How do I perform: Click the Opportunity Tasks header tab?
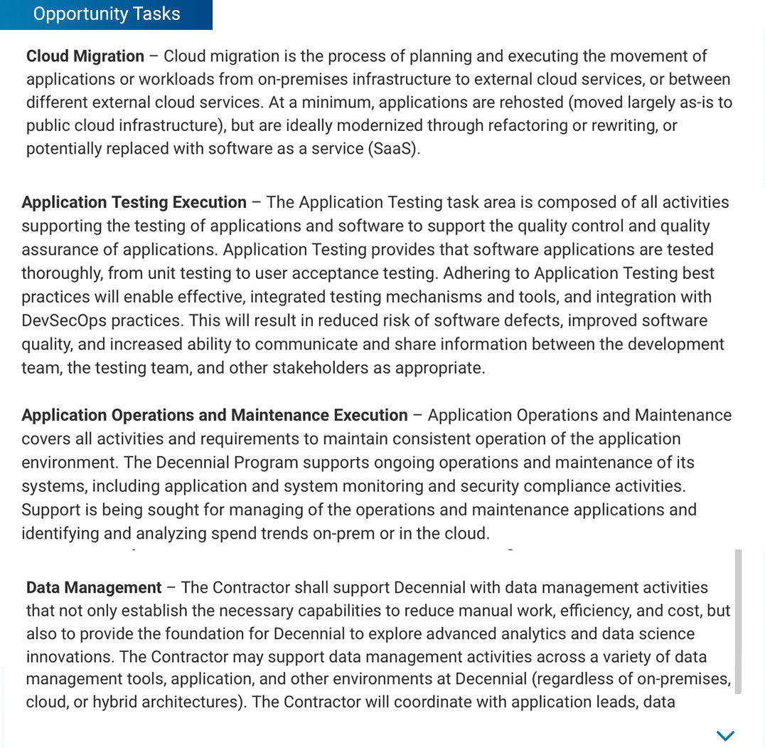tap(107, 14)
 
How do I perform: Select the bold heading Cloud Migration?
tap(85, 56)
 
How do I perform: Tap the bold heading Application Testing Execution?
tap(134, 202)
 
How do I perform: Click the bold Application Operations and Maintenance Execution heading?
tap(215, 415)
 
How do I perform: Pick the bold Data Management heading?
tap(94, 588)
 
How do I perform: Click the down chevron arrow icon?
tap(725, 735)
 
